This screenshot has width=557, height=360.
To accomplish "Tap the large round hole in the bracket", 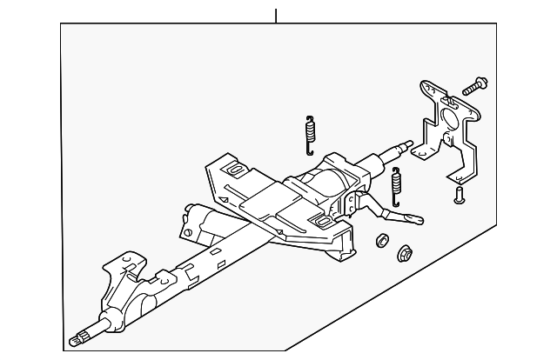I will coord(452,117).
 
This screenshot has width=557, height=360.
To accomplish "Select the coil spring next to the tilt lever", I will coord(397,185).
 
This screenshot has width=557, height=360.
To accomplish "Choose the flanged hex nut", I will coord(405,254).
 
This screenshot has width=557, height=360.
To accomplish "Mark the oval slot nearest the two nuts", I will coord(323,224).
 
